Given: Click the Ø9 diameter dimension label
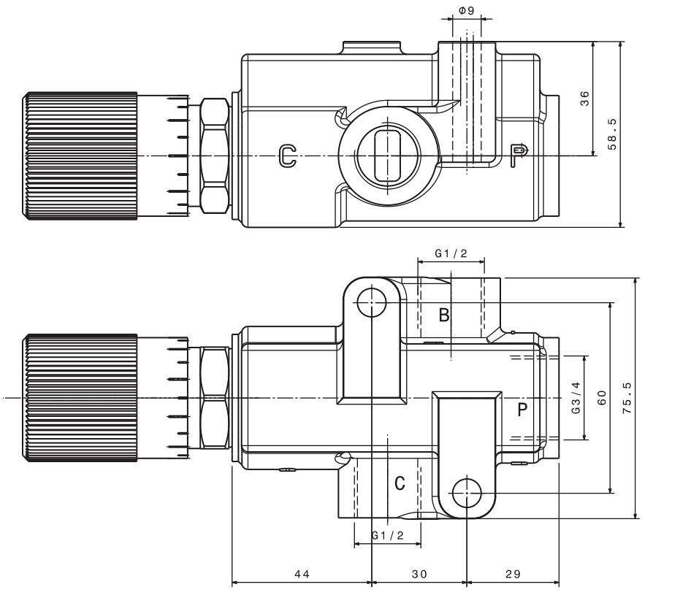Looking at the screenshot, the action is click(467, 11).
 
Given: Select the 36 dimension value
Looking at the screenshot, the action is click(584, 99).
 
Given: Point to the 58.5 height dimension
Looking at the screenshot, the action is click(611, 134).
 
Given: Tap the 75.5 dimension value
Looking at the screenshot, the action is click(627, 398).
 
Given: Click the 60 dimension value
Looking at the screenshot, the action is click(602, 398).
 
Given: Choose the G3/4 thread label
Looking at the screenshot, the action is click(576, 398).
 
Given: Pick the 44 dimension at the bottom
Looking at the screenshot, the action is click(302, 575).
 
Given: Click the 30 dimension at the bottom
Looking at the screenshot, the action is click(419, 575).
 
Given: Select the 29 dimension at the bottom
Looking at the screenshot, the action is click(513, 575).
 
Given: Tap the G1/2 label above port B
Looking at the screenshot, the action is click(451, 253).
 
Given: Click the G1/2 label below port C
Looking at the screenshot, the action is click(388, 536).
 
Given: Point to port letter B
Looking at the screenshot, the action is click(443, 315).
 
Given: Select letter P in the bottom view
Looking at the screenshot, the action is click(522, 409).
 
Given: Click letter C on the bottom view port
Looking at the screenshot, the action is click(400, 483).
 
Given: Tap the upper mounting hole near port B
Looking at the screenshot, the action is click(372, 302).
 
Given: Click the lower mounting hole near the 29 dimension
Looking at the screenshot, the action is click(467, 493).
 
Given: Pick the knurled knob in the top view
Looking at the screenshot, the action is click(80, 156).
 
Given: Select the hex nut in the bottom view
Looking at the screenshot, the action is click(214, 397).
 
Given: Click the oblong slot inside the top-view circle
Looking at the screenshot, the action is click(387, 156).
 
